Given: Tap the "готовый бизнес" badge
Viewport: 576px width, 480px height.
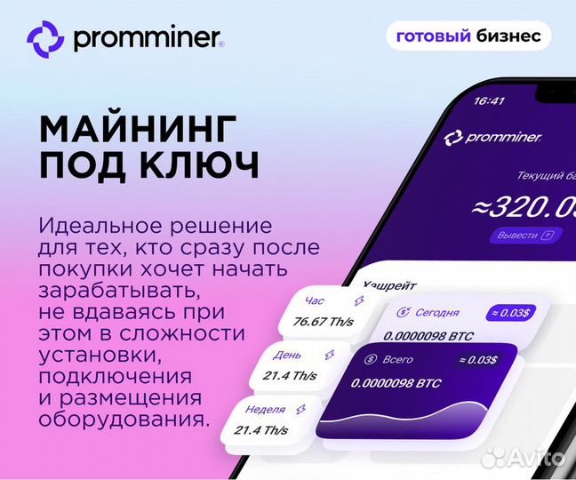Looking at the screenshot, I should point(468,36).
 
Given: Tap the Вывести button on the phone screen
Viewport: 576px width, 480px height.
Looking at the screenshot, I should point(524,236).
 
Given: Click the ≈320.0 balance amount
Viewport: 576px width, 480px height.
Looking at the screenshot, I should point(524,206).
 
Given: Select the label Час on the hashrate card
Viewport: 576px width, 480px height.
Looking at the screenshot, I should point(315,300).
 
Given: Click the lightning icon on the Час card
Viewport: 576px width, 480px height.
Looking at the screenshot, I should point(359,300).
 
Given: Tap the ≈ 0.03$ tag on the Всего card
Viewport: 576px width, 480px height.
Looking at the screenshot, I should point(478,359).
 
